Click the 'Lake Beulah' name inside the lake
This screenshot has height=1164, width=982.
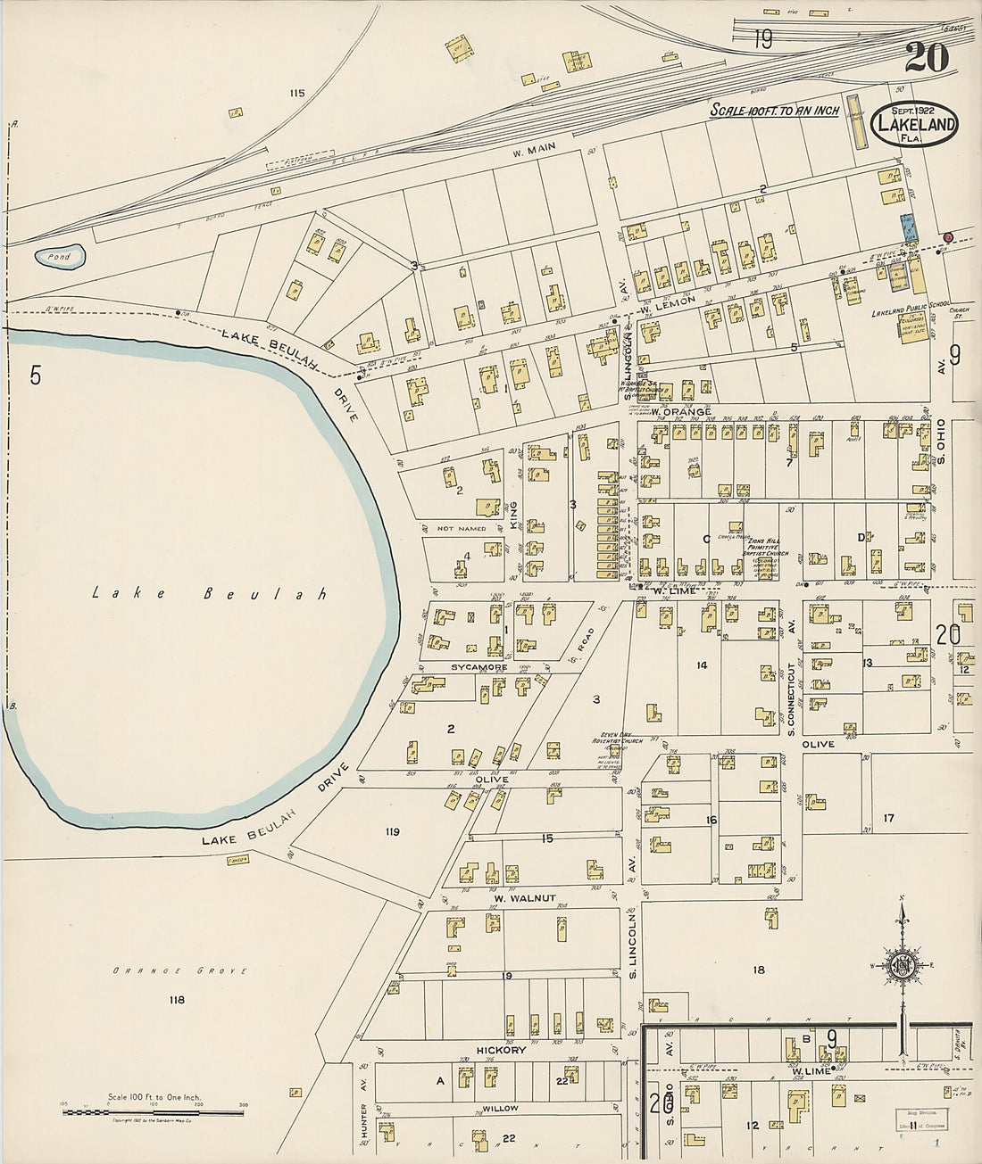point(210,593)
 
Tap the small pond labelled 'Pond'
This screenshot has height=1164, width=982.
point(61,257)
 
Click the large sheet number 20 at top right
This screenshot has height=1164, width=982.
point(926,58)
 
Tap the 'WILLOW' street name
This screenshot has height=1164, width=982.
point(500,1109)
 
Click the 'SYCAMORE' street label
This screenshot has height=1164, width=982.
point(479,667)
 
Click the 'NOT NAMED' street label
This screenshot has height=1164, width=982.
point(462,529)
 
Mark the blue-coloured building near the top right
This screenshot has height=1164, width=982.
point(909,226)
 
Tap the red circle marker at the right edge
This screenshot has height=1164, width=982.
point(948,236)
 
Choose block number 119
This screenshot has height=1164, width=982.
point(392,832)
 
